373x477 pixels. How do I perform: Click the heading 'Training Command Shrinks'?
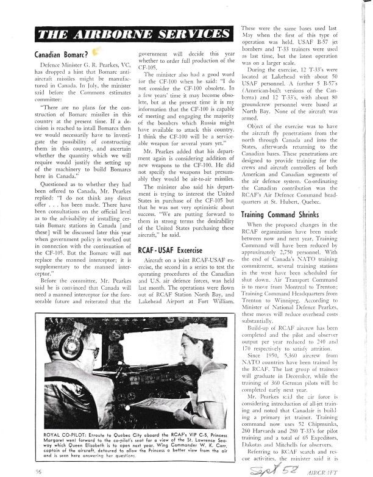pyautogui.click(x=282, y=215)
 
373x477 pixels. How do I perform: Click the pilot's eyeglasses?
pyautogui.click(x=98, y=353)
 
